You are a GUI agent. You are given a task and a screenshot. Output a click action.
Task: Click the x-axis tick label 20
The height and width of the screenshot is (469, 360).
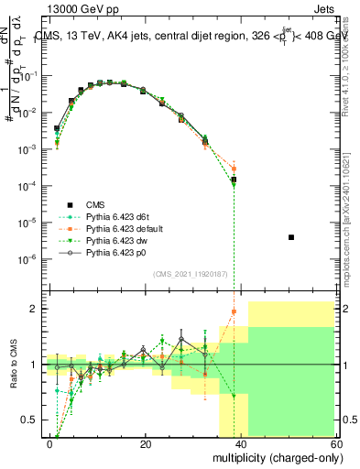(145, 443)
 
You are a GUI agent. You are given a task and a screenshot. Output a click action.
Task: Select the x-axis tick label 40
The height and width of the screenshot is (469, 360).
(239, 443)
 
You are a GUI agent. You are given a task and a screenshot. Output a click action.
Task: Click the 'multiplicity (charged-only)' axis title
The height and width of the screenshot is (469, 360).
(273, 456)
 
